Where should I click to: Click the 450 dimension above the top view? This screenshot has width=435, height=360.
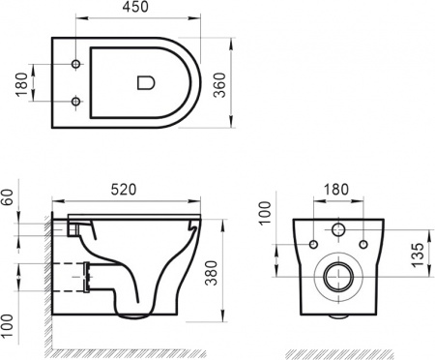point(135,10)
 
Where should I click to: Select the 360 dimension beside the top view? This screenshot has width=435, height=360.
point(246,84)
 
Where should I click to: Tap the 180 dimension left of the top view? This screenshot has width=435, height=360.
point(20,84)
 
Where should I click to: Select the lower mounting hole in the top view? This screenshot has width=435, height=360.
point(75,101)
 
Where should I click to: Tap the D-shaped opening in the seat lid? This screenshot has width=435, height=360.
point(146,83)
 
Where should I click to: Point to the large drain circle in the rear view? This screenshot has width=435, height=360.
point(336,275)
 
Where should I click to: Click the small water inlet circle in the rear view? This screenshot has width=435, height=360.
point(336,230)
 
